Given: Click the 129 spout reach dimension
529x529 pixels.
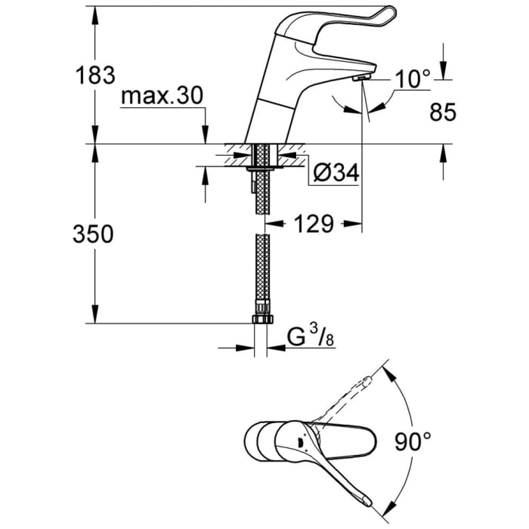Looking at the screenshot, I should (313, 224).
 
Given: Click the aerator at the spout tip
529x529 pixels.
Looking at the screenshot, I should (362, 78).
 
